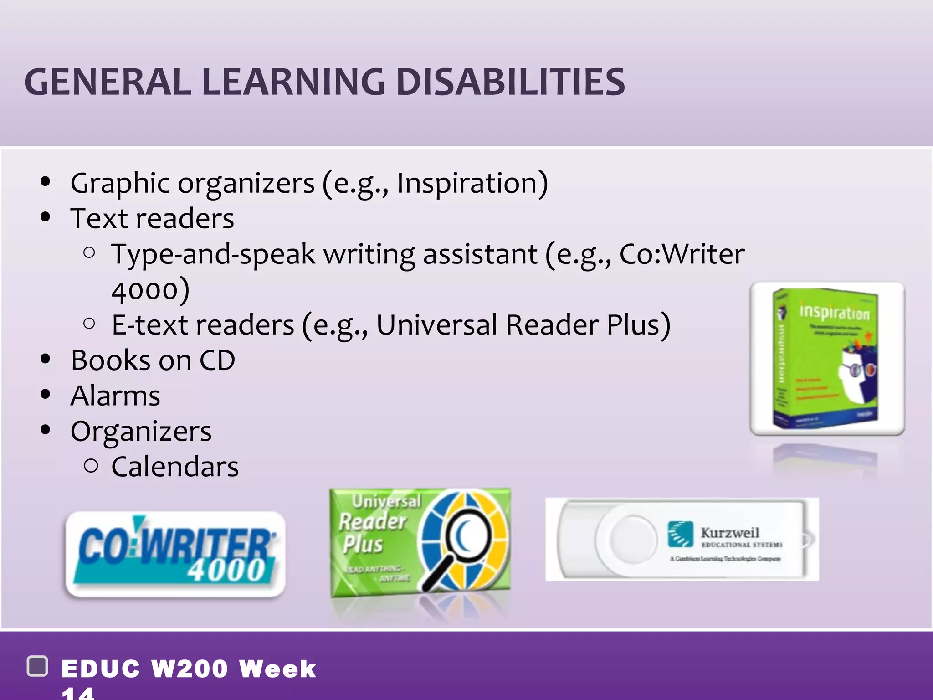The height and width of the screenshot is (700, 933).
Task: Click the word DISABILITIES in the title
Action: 510,82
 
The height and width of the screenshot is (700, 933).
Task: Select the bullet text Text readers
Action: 152,219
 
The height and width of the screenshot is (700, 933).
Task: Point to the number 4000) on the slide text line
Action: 150,290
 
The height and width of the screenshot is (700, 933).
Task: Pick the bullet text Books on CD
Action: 153,361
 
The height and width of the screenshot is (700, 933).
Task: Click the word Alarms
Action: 115,396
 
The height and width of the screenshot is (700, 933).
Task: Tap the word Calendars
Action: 175,467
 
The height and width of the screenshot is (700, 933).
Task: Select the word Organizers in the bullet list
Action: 141,432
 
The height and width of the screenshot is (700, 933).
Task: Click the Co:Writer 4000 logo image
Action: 175,554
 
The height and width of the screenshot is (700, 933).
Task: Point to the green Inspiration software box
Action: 825,358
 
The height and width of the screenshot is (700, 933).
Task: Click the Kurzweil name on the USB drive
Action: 730,533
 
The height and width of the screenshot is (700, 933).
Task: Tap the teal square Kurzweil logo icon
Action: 680,534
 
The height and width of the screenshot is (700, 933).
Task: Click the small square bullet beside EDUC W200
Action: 37,666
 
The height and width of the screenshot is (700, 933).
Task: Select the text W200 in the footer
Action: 189,669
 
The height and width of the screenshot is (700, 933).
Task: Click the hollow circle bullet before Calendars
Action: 91,466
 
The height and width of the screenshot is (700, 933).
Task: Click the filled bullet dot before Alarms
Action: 45,394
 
